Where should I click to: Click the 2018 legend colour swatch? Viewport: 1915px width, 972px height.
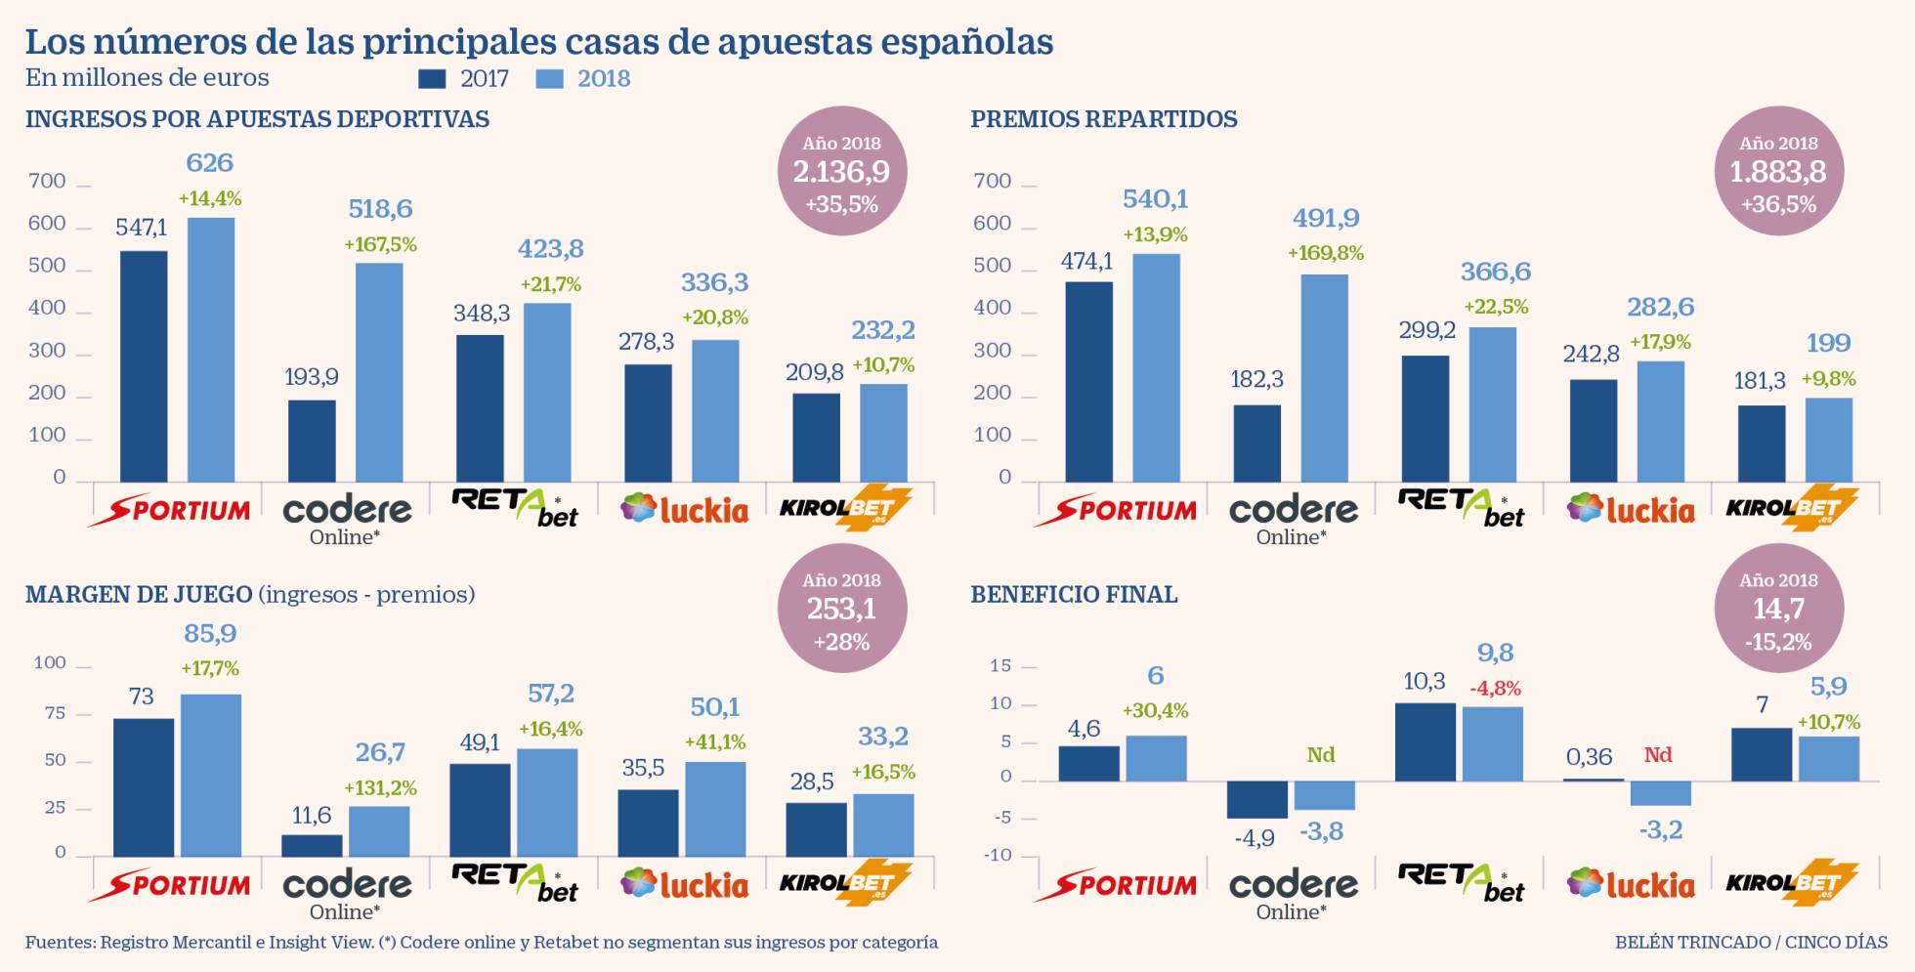pos(550,79)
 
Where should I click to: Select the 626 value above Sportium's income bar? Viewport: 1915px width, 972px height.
pos(210,163)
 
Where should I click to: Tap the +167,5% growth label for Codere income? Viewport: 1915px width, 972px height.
pos(380,245)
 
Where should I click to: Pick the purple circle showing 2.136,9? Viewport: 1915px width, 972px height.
pos(841,172)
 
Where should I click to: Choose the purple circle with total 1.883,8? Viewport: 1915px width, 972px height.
pos(1778,172)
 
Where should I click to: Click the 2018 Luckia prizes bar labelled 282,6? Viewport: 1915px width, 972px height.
pos(1660,421)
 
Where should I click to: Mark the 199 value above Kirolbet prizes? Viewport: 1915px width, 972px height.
pos(1828,344)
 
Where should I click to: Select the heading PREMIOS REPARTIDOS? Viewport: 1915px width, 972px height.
pos(1103,119)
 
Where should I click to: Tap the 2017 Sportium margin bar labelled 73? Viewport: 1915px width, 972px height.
pos(144,787)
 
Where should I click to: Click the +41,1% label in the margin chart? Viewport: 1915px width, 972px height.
pos(715,742)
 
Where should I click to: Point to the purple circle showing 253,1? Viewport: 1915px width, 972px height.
pos(841,609)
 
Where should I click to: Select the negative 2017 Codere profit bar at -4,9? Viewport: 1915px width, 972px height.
pos(1256,799)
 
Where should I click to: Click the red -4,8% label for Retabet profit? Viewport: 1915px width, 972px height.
pos(1495,689)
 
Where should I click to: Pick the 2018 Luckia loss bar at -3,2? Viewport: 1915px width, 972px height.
pos(1660,793)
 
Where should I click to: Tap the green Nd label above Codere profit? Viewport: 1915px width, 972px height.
pos(1320,755)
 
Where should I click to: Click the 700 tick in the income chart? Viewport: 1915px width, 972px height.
pos(47,182)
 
